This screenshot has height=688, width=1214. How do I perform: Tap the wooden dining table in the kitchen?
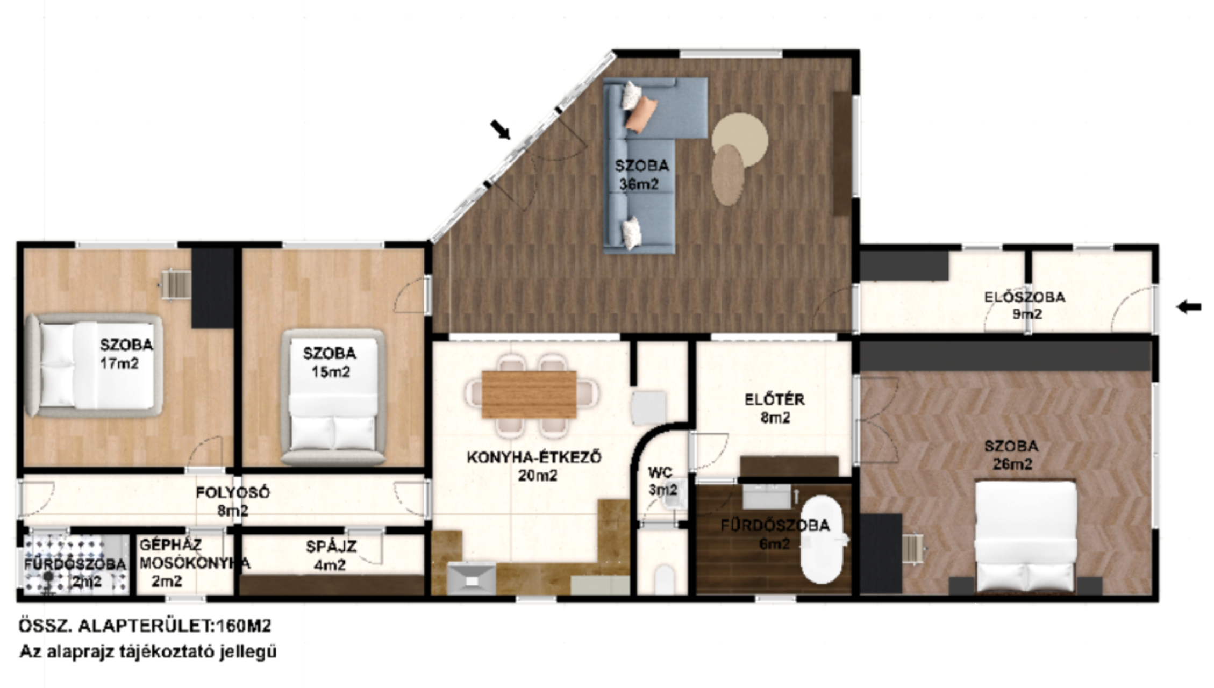(x=529, y=394)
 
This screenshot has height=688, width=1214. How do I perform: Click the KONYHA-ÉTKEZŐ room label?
(x=533, y=457)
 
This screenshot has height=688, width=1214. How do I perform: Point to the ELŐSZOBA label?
(x=1024, y=297)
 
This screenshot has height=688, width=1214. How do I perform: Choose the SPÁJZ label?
(x=331, y=547)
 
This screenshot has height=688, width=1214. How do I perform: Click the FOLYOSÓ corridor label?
(x=232, y=492)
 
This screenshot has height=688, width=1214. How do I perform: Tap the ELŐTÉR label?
(x=774, y=399)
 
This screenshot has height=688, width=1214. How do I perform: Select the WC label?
(x=660, y=473)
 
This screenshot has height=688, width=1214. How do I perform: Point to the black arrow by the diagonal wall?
(x=501, y=130)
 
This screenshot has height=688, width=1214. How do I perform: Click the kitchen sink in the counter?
(x=472, y=578)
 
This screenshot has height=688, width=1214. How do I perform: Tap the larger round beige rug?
(x=740, y=139)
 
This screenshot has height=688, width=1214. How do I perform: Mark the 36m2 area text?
(x=639, y=184)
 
